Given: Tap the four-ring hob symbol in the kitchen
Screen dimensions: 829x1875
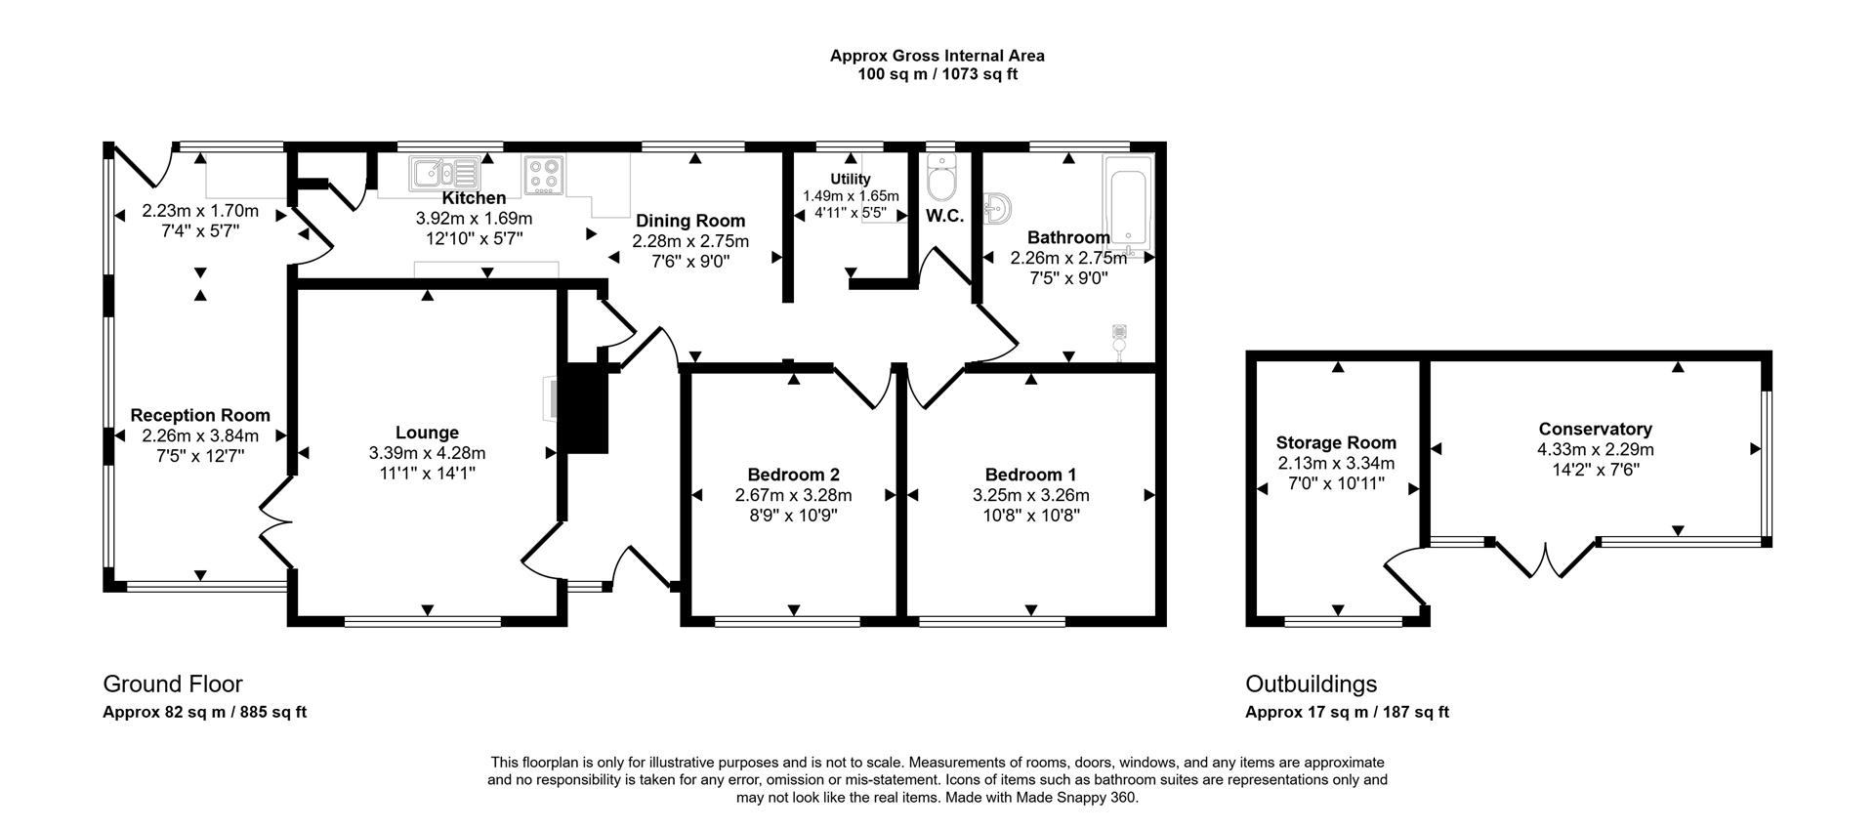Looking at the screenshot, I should pos(544,174).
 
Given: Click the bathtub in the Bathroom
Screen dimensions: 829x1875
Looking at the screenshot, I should pos(1128,203).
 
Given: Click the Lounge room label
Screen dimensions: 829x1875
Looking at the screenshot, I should pos(427,433).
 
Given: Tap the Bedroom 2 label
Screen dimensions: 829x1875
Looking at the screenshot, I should pos(793,475).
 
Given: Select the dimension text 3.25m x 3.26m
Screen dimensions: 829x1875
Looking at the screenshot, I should pos(1030,495).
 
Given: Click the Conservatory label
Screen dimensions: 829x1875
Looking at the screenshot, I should pos(1595,429).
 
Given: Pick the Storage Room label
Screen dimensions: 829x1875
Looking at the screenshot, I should pos(1336,442).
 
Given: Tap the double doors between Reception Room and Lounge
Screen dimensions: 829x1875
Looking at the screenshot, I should pos(275,526).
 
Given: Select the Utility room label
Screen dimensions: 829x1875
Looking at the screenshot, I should pos(850,179).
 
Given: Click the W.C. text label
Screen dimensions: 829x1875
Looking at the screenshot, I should pos(943,217).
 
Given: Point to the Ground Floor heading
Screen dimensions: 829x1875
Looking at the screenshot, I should pos(173,684).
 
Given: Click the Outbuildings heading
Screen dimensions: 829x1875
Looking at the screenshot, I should pos(1311,684).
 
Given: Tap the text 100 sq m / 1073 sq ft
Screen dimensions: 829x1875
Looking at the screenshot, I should pos(937,74).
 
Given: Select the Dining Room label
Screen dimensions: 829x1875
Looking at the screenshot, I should pos(690,221).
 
